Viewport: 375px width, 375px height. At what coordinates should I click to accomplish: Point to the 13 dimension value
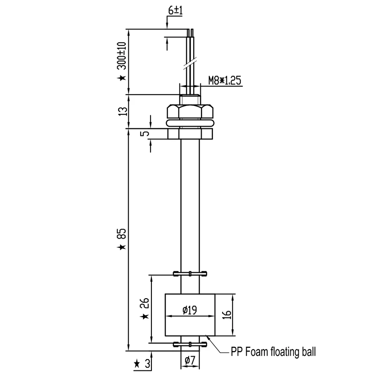[123, 111]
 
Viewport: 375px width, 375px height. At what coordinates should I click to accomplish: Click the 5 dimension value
[146, 134]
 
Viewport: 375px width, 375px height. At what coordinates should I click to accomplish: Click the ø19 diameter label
[190, 310]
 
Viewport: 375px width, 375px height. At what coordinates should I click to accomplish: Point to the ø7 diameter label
[190, 360]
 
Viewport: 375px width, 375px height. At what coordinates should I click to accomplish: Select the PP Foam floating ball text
[273, 351]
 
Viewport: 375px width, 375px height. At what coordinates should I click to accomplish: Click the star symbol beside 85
[122, 247]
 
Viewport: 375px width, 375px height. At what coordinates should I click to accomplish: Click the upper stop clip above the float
[190, 273]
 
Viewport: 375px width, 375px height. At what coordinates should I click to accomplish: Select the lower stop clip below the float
[190, 345]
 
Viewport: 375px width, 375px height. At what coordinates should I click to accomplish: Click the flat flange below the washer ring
[190, 134]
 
